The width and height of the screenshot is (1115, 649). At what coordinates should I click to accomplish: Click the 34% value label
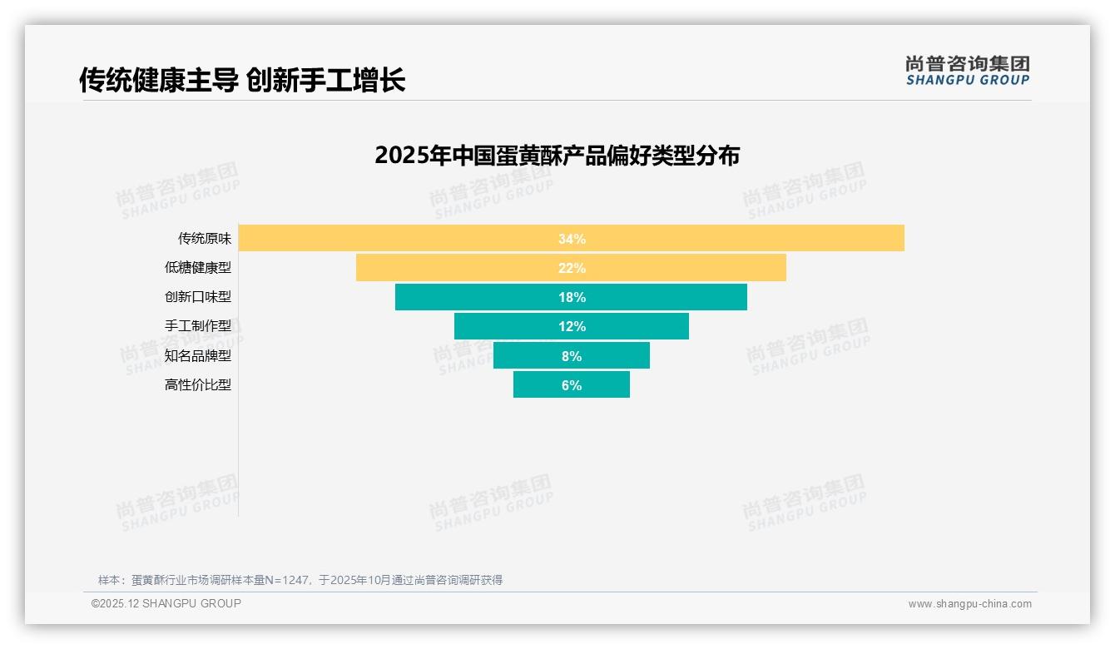[x=572, y=239]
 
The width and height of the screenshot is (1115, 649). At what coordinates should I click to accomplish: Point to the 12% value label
[x=572, y=326]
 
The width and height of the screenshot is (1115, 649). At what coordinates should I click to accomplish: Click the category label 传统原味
[x=205, y=239]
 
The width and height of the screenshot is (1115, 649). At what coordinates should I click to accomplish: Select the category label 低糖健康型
[x=198, y=268]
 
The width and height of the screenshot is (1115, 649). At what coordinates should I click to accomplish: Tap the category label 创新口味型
[x=198, y=297]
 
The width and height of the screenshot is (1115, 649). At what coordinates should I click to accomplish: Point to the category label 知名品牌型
[x=198, y=355]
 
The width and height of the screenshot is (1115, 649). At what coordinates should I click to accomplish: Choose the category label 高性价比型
[x=198, y=385]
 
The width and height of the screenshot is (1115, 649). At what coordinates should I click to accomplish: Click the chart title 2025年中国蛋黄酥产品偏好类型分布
[x=557, y=156]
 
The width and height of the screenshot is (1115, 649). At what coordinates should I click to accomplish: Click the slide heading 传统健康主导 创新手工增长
[x=242, y=81]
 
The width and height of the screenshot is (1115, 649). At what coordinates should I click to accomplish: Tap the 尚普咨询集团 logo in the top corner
[x=967, y=70]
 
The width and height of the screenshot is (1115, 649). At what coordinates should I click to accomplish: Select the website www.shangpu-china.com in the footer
[x=969, y=604]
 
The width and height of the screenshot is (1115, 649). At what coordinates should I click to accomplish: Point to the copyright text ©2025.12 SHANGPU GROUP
[x=166, y=603]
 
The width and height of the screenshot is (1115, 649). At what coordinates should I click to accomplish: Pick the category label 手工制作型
[x=198, y=326]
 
